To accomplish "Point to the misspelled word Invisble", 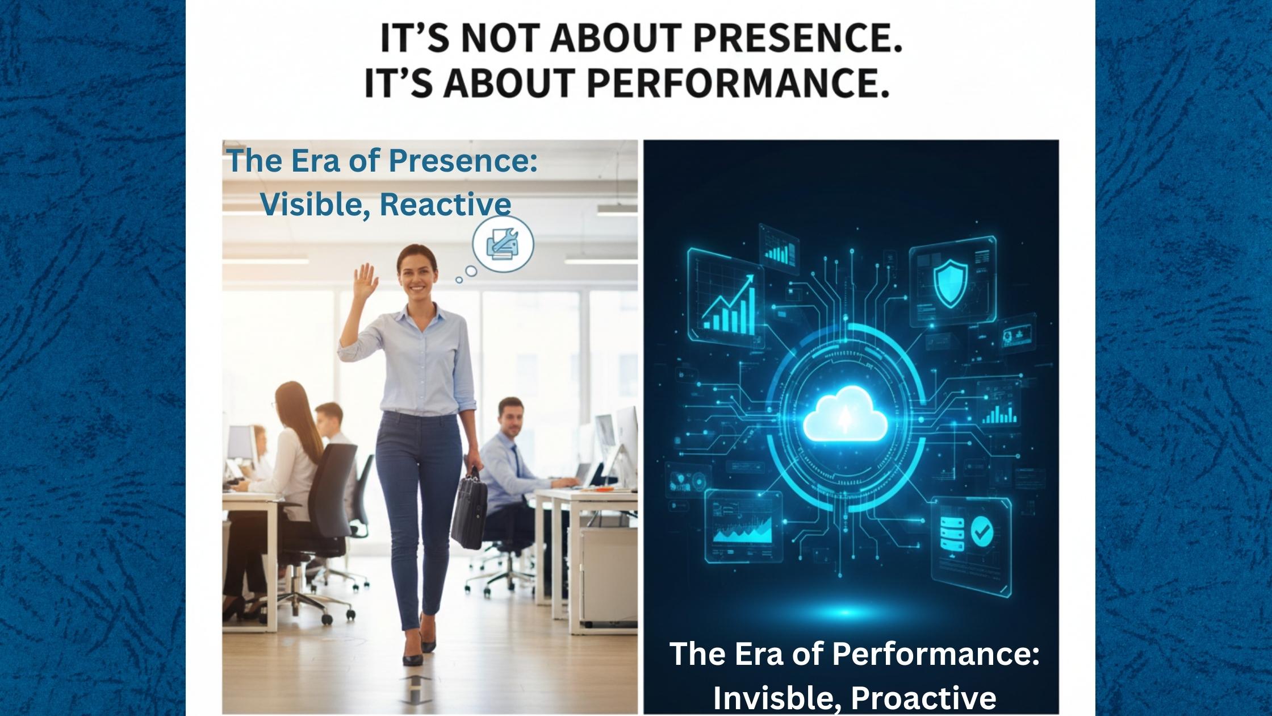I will (x=773, y=698).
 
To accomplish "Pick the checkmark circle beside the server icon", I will (x=981, y=531).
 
